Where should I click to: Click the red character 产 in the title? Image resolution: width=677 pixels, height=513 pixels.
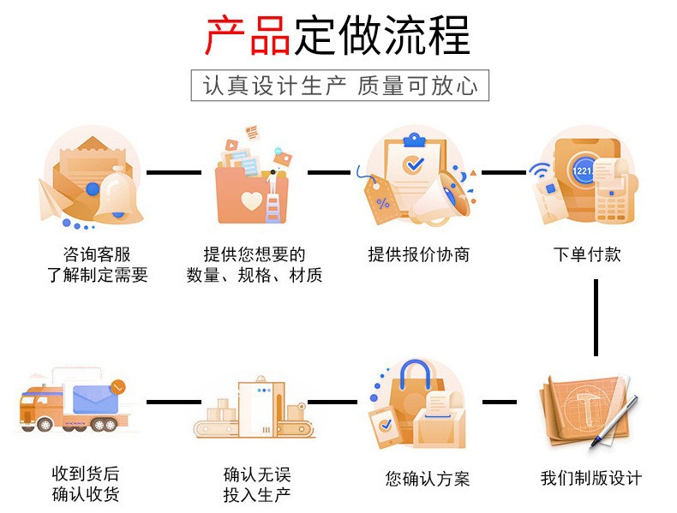225,35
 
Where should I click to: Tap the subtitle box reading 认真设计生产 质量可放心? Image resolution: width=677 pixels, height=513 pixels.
340,86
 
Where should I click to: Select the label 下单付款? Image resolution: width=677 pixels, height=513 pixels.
587,254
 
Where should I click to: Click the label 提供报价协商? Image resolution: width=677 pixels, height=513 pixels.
419,254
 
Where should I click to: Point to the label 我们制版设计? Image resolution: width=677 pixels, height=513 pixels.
591,478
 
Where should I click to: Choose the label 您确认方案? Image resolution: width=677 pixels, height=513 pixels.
428,479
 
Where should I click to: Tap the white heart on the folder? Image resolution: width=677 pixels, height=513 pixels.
251,200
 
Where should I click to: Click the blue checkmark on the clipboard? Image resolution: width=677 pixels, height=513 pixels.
413,164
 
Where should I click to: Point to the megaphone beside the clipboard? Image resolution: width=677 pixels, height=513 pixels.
440,200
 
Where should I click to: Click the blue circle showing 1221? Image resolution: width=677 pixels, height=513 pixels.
583,170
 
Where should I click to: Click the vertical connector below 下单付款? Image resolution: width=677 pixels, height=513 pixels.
596,318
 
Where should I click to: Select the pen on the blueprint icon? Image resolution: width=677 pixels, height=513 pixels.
614,422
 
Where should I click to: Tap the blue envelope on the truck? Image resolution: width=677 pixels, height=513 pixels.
95,400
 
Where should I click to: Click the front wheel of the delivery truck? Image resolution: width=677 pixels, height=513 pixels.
45,425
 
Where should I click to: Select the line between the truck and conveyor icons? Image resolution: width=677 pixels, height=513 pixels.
174,403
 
